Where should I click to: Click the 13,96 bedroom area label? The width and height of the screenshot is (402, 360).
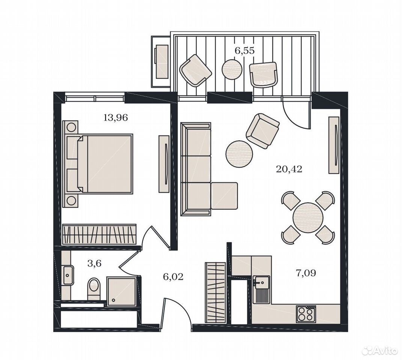[x=115, y=118]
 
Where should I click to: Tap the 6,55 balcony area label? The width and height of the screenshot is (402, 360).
[x=245, y=51]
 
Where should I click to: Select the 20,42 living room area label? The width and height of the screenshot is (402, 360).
[x=289, y=169]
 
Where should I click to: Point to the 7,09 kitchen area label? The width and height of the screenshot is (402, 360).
[x=306, y=273]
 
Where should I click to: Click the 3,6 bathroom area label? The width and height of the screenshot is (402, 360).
[x=95, y=263]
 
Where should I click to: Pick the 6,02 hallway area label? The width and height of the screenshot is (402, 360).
[x=173, y=277]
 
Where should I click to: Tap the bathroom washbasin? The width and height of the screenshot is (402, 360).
[x=68, y=275]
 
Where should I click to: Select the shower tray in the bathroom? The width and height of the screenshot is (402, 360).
[x=121, y=291]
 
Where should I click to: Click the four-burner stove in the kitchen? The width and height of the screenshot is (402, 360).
[x=306, y=313]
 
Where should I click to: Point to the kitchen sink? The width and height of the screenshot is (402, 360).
[x=261, y=289]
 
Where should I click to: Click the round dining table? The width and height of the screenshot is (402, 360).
[x=308, y=217]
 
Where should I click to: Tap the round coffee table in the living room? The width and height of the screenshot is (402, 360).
[x=239, y=154]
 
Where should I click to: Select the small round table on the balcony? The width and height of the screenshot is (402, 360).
[x=232, y=69]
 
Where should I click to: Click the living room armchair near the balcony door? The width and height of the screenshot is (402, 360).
[x=262, y=130]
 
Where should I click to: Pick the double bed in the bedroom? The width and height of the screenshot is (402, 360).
[x=98, y=164]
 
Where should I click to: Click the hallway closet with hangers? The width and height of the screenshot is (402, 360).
[x=215, y=292]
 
